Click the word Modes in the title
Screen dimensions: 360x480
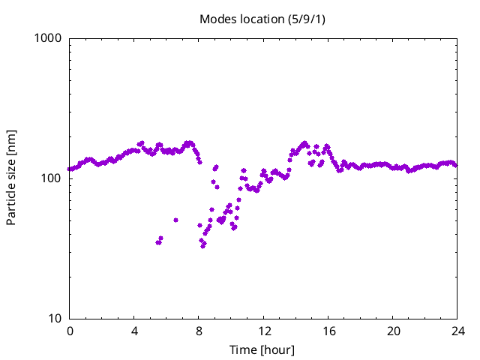217,19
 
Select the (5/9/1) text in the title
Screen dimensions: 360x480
307,19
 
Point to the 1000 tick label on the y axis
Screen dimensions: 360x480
49,38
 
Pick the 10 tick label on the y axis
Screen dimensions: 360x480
55,319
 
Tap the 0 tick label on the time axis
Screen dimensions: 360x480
70,331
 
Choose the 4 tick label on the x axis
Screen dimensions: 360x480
134,331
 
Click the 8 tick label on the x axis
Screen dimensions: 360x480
199,331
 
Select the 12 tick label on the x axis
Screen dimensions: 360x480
263,331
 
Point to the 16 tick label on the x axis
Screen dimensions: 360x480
328,331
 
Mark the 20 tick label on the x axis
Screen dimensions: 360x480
392,331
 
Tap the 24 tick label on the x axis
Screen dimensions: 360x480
457,331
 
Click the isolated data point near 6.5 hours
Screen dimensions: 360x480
175,220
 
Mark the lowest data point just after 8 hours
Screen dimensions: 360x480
202,246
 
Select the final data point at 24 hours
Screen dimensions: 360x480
455,165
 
